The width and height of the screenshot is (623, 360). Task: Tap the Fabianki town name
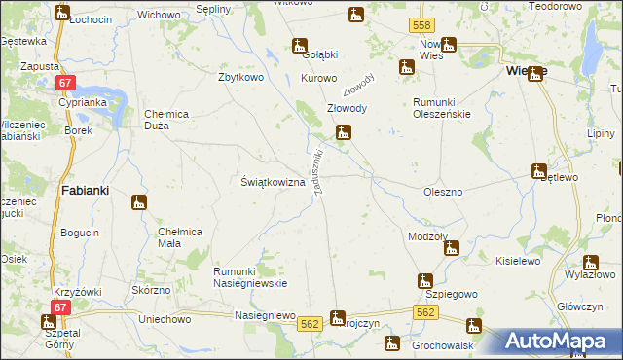91,190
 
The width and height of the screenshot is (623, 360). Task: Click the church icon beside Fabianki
140,203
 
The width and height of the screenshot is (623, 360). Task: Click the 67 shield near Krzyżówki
62,307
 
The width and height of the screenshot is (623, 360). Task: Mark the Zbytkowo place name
243,78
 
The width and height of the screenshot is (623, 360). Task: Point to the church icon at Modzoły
451,248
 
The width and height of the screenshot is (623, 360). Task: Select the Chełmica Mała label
180,236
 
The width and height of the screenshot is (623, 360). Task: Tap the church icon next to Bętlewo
539,171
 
